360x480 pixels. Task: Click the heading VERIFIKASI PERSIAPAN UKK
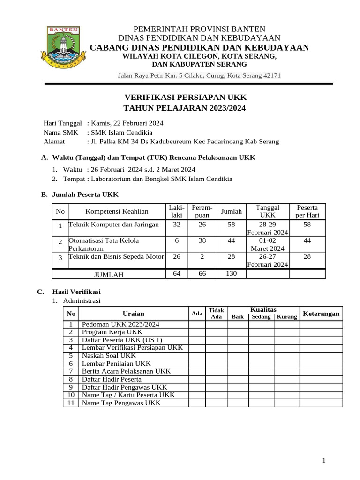(x=184, y=97)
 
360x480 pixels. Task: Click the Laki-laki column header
(x=177, y=211)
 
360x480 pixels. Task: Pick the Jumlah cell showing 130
(x=232, y=274)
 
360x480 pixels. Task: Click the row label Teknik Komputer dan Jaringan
(x=114, y=225)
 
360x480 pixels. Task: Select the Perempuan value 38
(x=202, y=240)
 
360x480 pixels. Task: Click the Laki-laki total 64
(x=177, y=274)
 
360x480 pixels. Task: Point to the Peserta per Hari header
(x=307, y=211)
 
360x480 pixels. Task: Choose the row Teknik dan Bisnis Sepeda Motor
(x=116, y=256)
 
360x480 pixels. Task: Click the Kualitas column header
(x=263, y=310)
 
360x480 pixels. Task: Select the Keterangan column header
(x=321, y=314)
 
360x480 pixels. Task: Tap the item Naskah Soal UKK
(x=109, y=356)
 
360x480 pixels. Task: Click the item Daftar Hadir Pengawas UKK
(x=124, y=387)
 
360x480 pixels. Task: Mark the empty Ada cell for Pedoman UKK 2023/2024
(x=197, y=324)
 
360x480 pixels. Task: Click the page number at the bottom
(x=324, y=461)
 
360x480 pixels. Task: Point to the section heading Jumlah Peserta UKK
(x=85, y=194)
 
